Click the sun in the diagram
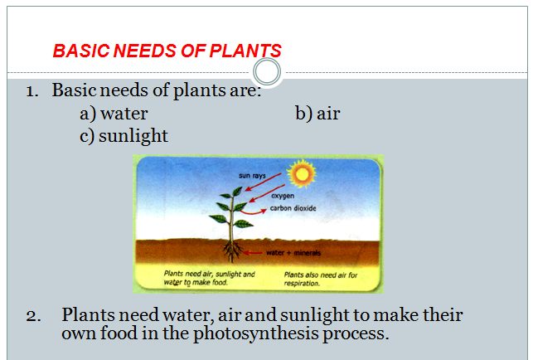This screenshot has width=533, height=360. tap(301, 173)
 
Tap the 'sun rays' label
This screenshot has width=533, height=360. tap(251, 176)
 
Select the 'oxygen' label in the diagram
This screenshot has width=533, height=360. tap(283, 197)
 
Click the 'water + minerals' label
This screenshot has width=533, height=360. tap(293, 252)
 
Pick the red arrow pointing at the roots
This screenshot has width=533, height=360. tap(255, 252)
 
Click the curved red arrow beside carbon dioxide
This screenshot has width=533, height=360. tap(254, 213)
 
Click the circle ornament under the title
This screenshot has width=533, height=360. tap(267, 70)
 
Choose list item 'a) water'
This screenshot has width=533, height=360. tap(114, 114)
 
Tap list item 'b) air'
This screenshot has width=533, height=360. tap(317, 114)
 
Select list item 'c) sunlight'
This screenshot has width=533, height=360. tap(124, 135)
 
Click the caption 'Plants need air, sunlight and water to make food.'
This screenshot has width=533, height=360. tap(209, 277)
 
